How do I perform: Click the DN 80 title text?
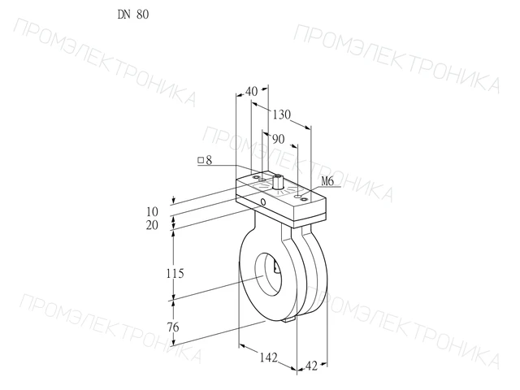(x=133, y=15)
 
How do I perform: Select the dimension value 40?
(x=251, y=92)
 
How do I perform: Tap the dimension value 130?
(x=282, y=115)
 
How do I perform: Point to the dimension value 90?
(x=278, y=139)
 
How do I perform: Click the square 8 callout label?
(x=205, y=161)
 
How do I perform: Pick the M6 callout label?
(x=327, y=181)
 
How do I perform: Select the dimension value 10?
(x=152, y=211)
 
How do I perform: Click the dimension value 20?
(x=152, y=225)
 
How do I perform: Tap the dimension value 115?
(x=175, y=274)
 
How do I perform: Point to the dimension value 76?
(x=173, y=327)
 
